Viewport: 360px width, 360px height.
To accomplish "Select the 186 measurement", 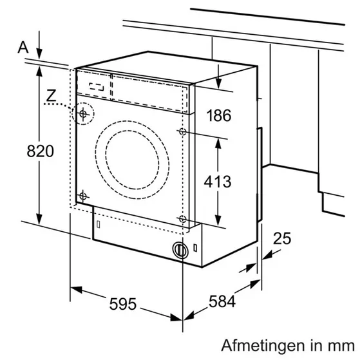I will point(218,116).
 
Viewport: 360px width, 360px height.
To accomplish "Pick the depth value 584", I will point(222,301).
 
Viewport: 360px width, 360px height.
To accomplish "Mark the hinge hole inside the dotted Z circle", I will point(83,114).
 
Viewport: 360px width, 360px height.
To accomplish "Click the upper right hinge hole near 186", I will point(182,132).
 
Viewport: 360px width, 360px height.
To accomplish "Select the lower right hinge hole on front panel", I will point(182,218).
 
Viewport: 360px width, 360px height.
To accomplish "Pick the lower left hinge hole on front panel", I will point(83,196).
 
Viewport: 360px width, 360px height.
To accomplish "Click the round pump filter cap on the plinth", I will point(180,250).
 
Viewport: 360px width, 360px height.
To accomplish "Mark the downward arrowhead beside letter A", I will point(39,55).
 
